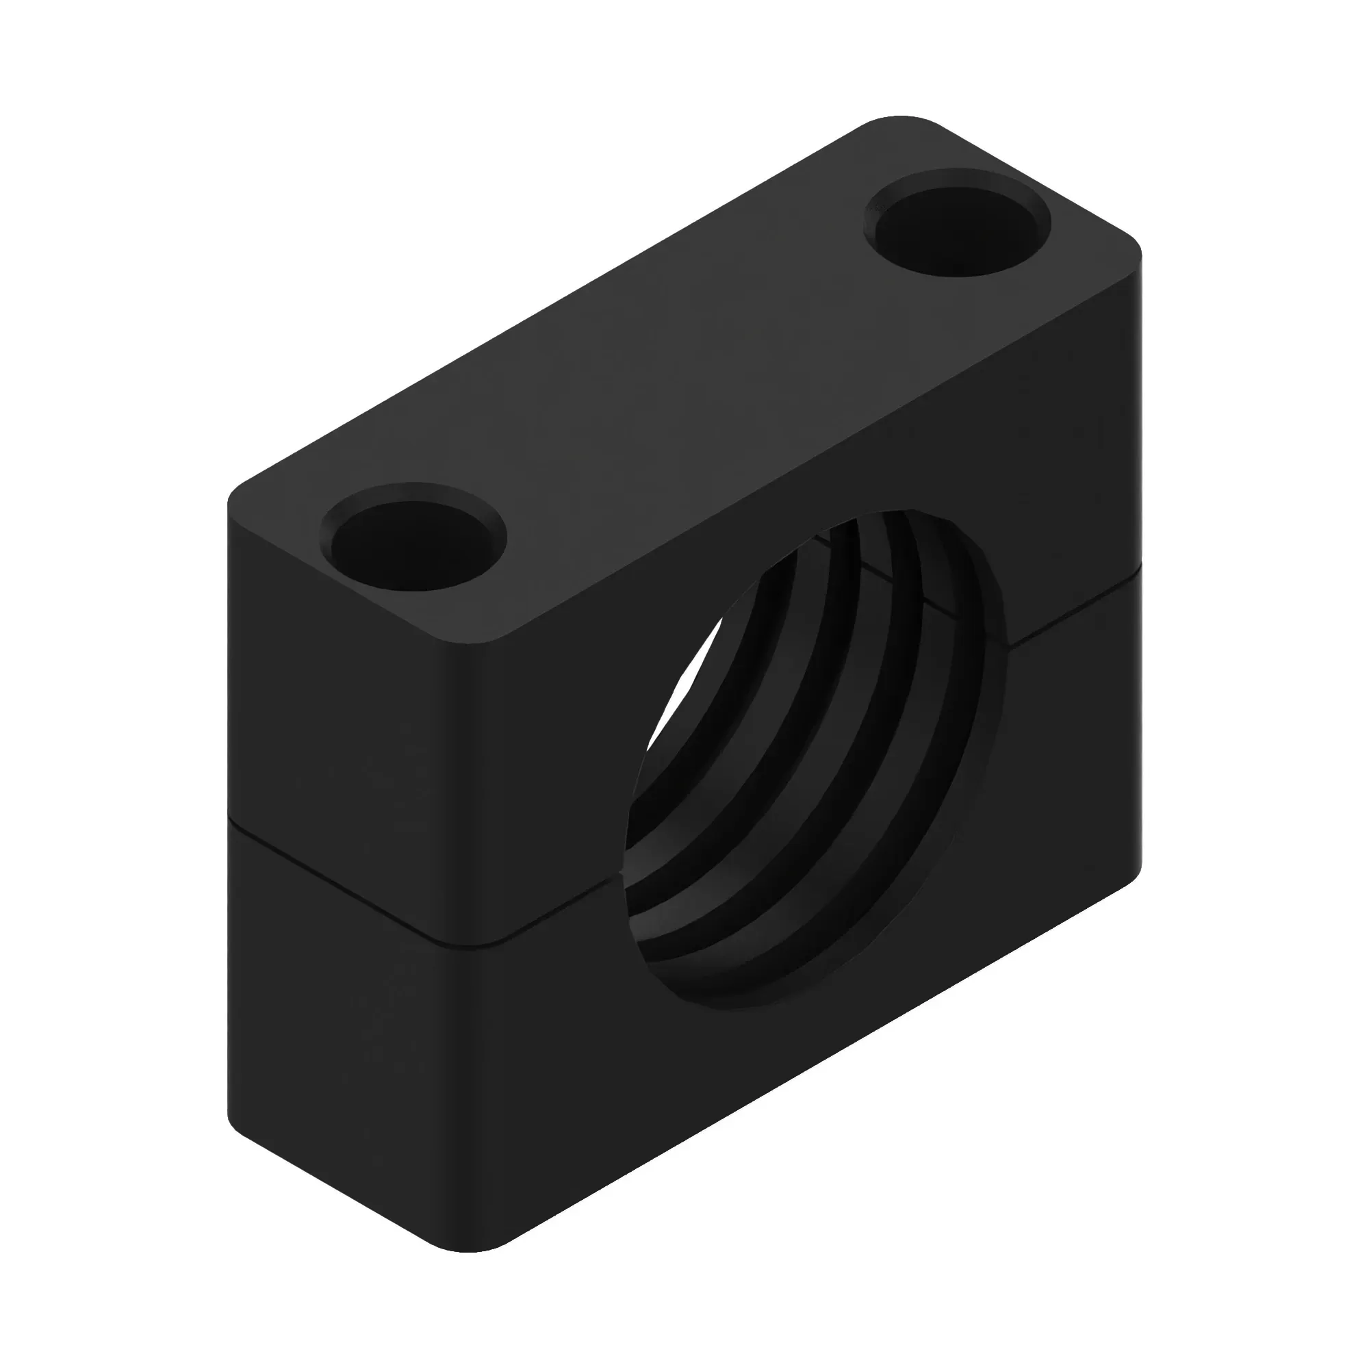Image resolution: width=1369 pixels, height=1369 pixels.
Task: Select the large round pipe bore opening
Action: click(x=815, y=758)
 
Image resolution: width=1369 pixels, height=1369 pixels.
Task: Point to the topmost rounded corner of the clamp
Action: click(x=900, y=120)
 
